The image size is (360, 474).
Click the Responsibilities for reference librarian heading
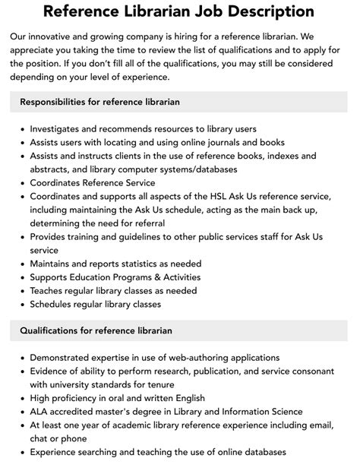coord(99,102)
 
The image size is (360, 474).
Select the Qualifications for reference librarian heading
coord(96,330)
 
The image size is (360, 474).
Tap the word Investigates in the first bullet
coord(57,128)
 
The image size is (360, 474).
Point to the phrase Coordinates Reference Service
coord(92,183)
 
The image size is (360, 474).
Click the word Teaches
coord(48,291)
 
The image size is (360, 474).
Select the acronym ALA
coord(40,412)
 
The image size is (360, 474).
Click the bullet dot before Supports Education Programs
coord(22,277)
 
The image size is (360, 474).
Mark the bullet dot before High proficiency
coord(22,399)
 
